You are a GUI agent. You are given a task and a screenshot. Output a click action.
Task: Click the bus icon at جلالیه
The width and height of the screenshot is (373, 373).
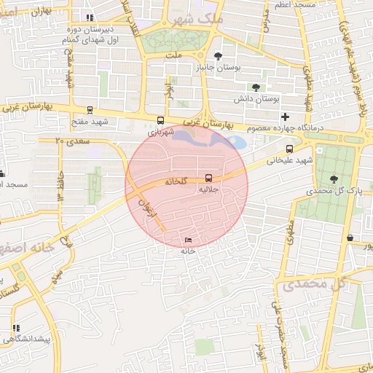tap(209, 178)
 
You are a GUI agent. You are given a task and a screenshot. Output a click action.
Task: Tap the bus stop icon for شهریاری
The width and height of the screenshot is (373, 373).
tap(160, 121)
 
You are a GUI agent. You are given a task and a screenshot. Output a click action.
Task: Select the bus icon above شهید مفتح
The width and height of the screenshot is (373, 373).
tap(90, 111)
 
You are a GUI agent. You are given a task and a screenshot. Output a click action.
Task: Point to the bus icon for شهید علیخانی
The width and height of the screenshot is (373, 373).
tap(290, 148)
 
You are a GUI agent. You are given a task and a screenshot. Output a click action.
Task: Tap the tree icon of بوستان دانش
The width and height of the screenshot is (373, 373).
tap(256, 87)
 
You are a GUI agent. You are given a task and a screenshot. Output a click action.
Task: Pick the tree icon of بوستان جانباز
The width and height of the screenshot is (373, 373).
tap(218, 56)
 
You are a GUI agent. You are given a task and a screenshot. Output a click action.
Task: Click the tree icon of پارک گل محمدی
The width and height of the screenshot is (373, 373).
tap(334, 178)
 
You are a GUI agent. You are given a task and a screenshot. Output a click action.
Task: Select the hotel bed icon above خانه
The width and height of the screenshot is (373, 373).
tap(189, 240)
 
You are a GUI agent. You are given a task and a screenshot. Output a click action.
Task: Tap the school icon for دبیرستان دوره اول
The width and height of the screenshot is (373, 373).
tap(89, 17)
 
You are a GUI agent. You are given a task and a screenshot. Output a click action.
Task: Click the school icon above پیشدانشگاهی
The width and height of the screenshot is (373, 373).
tap(16, 328)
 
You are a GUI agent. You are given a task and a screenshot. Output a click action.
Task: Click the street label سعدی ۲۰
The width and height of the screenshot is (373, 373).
tap(70, 140)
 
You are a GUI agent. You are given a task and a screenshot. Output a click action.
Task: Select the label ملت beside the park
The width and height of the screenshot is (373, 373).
tap(173, 55)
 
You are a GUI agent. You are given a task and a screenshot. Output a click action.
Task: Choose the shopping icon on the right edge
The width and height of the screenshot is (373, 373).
tap(350, 237)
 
